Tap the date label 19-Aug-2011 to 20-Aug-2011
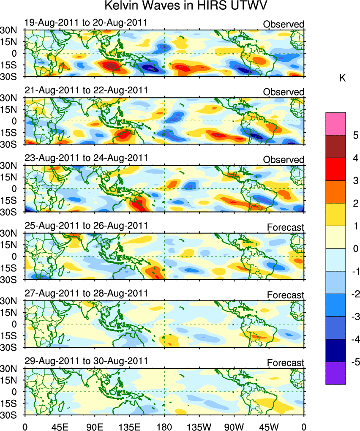(x=86, y=22)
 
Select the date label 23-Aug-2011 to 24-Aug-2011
(x=86, y=158)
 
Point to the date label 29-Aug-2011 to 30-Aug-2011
(x=86, y=361)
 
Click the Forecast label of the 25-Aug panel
(x=285, y=227)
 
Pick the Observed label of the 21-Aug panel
(x=283, y=92)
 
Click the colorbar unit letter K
(x=343, y=78)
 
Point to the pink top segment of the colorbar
(x=335, y=123)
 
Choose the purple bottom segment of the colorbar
(x=335, y=373)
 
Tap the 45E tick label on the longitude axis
(x=60, y=425)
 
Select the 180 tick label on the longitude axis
(x=164, y=425)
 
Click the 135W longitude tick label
(x=199, y=425)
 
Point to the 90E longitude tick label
(x=94, y=425)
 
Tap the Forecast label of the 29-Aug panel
(x=285, y=363)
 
